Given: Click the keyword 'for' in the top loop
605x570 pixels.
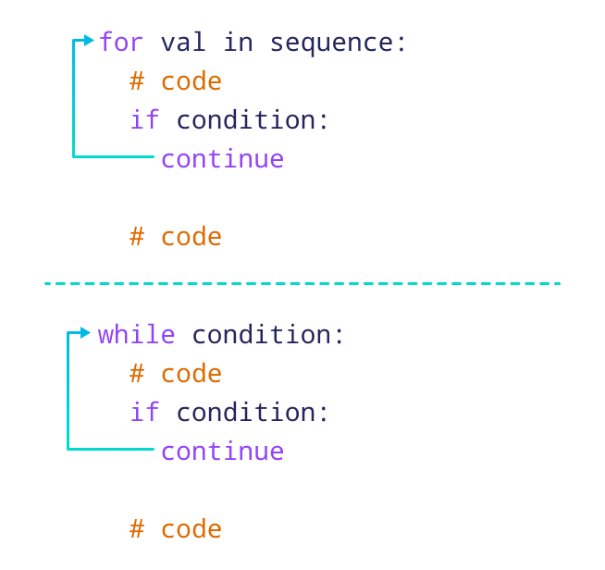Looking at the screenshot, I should tap(122, 43).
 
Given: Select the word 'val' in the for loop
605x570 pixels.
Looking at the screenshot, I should tap(183, 43).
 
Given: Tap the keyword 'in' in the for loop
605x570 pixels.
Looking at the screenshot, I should tap(238, 43).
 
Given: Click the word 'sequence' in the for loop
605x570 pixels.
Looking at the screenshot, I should tap(331, 43).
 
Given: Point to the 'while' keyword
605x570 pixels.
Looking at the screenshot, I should tap(137, 334).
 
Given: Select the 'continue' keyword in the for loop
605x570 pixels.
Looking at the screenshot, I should tap(222, 159).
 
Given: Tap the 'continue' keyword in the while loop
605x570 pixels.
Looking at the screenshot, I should tap(222, 452).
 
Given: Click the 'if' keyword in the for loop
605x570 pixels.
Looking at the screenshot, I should tap(144, 120).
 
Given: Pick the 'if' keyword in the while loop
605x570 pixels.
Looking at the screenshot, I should tap(144, 413).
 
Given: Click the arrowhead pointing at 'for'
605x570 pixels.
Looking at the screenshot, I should tap(89, 40).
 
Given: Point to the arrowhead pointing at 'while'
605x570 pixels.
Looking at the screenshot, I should tap(86, 332).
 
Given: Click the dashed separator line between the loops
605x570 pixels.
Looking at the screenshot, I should tap(302, 283).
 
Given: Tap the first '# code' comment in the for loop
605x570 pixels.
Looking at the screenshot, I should tap(176, 81).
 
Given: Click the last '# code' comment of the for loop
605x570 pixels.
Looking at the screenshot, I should tap(176, 237).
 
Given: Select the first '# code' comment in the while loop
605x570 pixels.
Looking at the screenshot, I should tap(176, 374).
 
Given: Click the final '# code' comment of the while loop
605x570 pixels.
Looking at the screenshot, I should tap(176, 529).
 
